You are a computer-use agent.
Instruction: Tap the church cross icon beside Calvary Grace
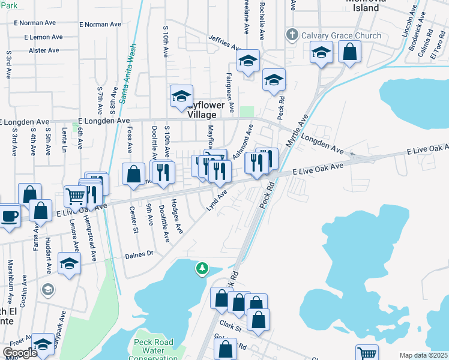tap(292, 35)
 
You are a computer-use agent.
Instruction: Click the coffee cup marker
tap(9, 215)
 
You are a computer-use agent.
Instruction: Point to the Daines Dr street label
tap(139, 254)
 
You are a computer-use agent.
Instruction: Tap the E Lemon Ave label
tap(43, 37)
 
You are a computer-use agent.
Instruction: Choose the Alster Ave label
tap(45, 50)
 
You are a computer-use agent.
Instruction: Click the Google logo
tap(19, 353)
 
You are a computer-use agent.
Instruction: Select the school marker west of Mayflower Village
tap(181, 95)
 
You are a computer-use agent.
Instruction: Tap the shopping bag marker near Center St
tap(133, 173)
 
